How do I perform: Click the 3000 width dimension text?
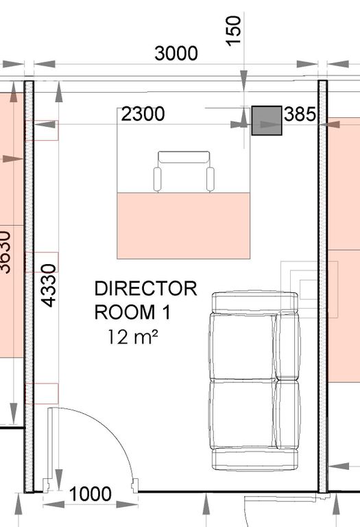(176, 54)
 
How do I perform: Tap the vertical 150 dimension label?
(234, 31)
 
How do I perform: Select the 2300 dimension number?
(143, 114)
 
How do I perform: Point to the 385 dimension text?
(300, 114)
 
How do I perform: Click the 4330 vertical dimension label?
(49, 285)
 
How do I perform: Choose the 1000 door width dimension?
(90, 494)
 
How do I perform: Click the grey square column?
(267, 121)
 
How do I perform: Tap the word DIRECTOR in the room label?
(146, 289)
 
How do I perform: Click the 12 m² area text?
(132, 337)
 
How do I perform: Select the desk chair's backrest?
(184, 157)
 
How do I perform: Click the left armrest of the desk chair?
(157, 178)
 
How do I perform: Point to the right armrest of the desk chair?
(211, 178)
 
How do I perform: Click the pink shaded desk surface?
(183, 226)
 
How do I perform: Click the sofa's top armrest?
(255, 302)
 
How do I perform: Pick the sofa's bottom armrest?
(255, 458)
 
